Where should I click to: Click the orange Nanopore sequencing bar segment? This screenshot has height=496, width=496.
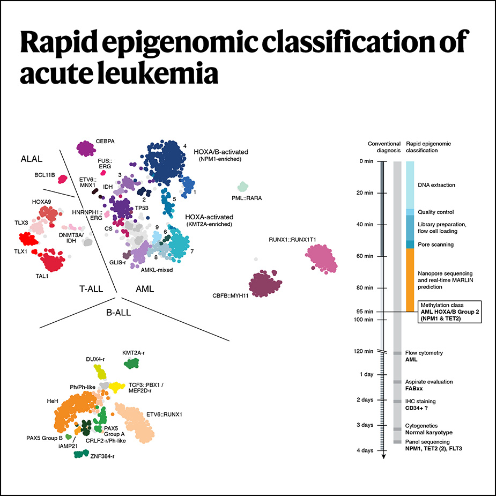pos(410,280)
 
